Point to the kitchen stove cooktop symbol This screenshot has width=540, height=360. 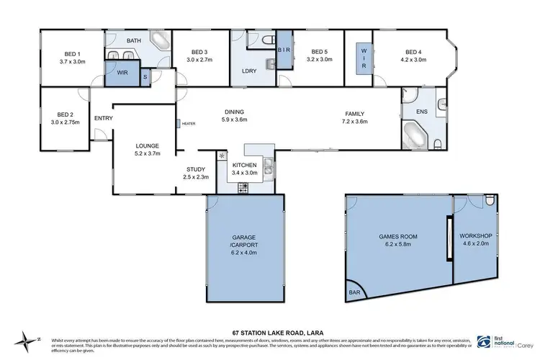243,187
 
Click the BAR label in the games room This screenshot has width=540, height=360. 355,292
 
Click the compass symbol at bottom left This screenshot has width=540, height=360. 28,339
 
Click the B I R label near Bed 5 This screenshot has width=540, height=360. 283,49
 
